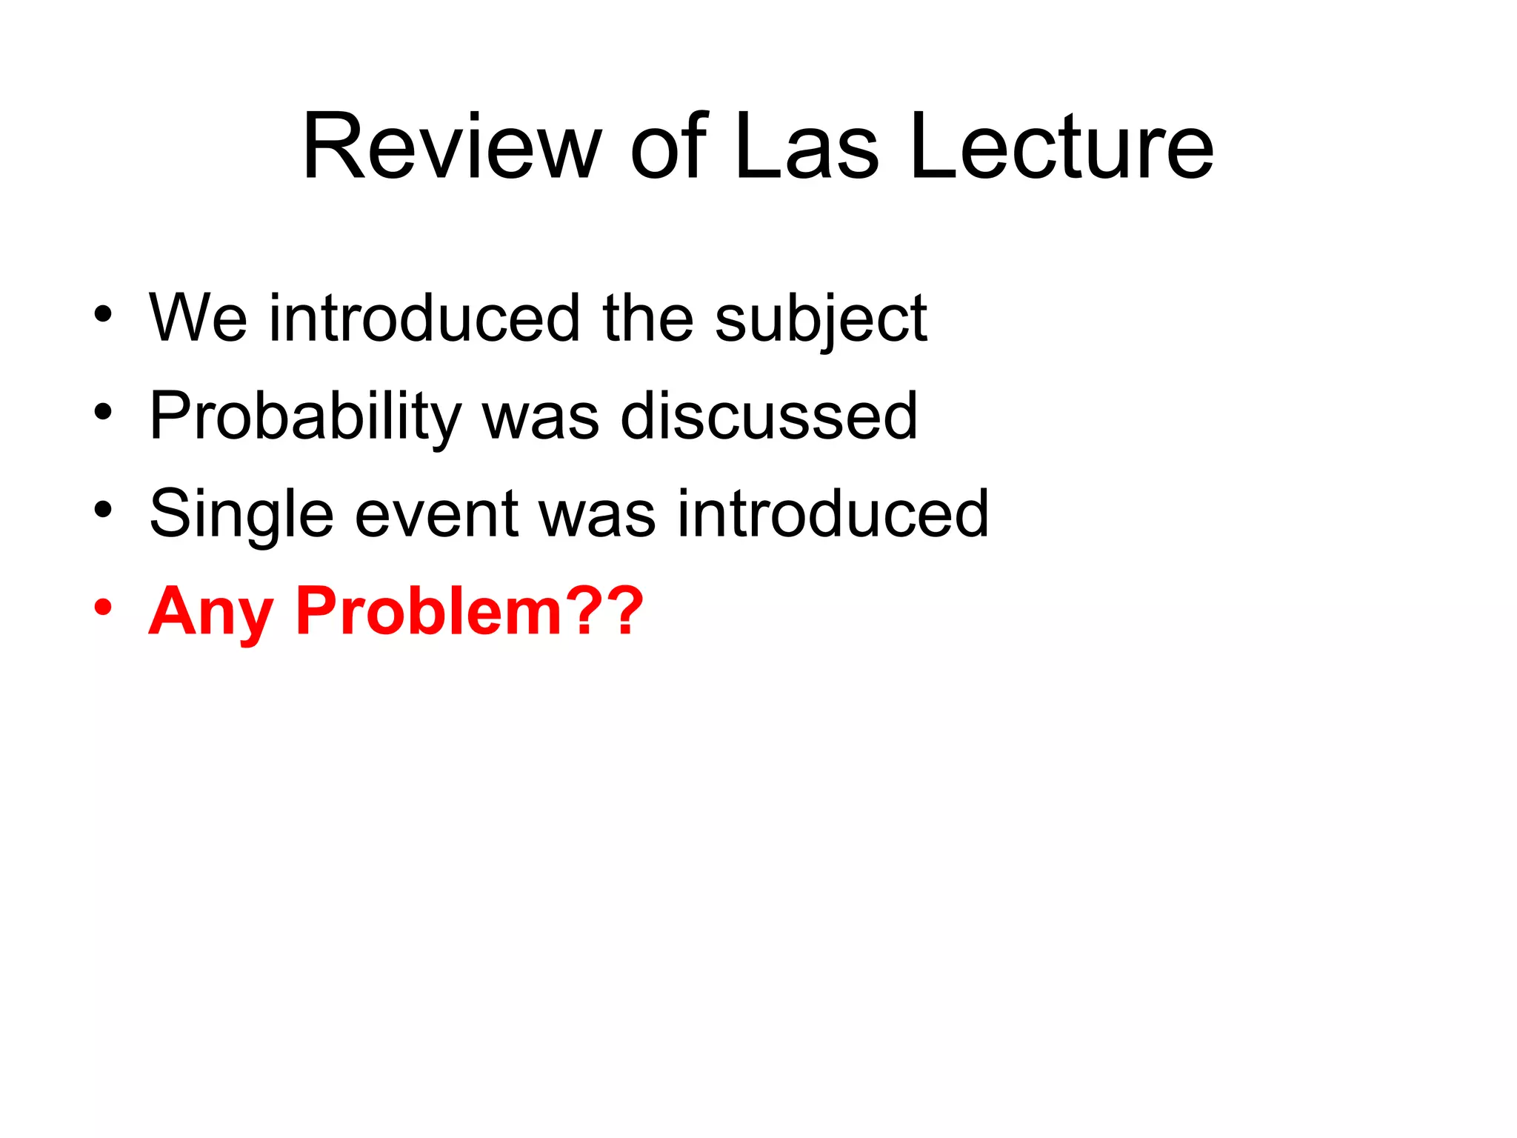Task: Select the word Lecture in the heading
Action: point(1061,146)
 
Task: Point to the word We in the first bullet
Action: point(198,318)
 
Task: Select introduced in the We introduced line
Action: point(424,318)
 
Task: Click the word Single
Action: point(241,515)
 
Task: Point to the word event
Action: point(437,515)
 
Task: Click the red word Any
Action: point(210,612)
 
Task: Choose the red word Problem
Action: point(429,612)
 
